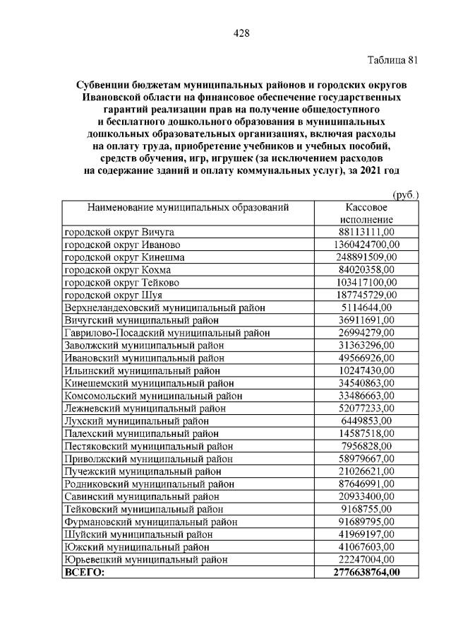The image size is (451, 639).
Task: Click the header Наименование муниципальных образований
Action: [x=188, y=207]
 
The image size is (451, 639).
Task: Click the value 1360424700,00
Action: [x=366, y=244]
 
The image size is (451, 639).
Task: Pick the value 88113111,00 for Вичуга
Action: [x=366, y=231]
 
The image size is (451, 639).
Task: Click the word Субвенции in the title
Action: [x=104, y=85]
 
